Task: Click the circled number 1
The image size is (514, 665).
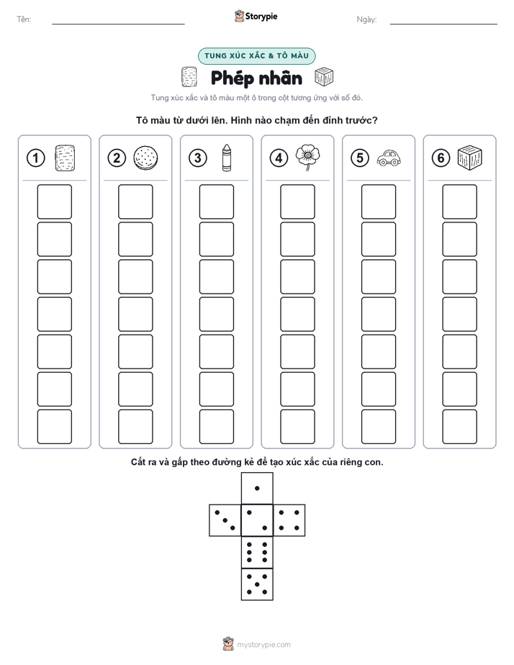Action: (x=35, y=158)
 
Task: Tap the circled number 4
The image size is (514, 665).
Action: (x=279, y=158)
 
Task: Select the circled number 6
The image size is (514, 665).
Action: (x=441, y=158)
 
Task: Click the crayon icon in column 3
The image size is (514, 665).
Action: (x=227, y=158)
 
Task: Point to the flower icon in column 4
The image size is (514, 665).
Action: (x=308, y=158)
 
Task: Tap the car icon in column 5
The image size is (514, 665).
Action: (x=389, y=158)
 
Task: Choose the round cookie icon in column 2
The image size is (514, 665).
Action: (x=146, y=158)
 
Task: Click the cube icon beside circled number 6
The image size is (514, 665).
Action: (x=470, y=158)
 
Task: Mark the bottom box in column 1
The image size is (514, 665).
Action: (x=54, y=427)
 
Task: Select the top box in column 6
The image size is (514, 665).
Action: (x=460, y=202)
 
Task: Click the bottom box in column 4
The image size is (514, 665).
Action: (x=298, y=427)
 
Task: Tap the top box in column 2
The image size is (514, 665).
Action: (x=135, y=202)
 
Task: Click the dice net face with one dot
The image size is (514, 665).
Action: (x=257, y=489)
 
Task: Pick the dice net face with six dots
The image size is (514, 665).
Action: (x=257, y=552)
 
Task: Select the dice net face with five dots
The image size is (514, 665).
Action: (x=257, y=584)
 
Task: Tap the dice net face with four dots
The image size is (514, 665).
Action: (x=289, y=520)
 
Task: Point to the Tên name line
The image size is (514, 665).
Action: (x=118, y=24)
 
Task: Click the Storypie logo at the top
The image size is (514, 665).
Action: (x=256, y=16)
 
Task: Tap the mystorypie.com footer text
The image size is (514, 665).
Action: (x=263, y=645)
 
